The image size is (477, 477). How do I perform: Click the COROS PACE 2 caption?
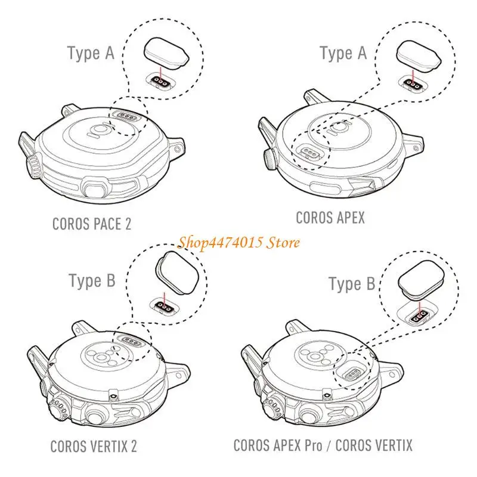tap(92, 224)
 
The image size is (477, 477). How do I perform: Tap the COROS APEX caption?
tap(330, 218)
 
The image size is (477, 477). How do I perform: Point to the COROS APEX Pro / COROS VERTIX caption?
tap(323, 445)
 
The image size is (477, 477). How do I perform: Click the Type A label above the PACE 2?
tap(91, 53)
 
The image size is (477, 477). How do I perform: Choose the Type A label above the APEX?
tap(343, 53)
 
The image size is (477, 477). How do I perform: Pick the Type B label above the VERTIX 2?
tap(91, 280)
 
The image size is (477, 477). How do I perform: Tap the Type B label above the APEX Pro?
tap(353, 284)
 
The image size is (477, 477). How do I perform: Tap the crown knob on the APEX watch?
tap(269, 159)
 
